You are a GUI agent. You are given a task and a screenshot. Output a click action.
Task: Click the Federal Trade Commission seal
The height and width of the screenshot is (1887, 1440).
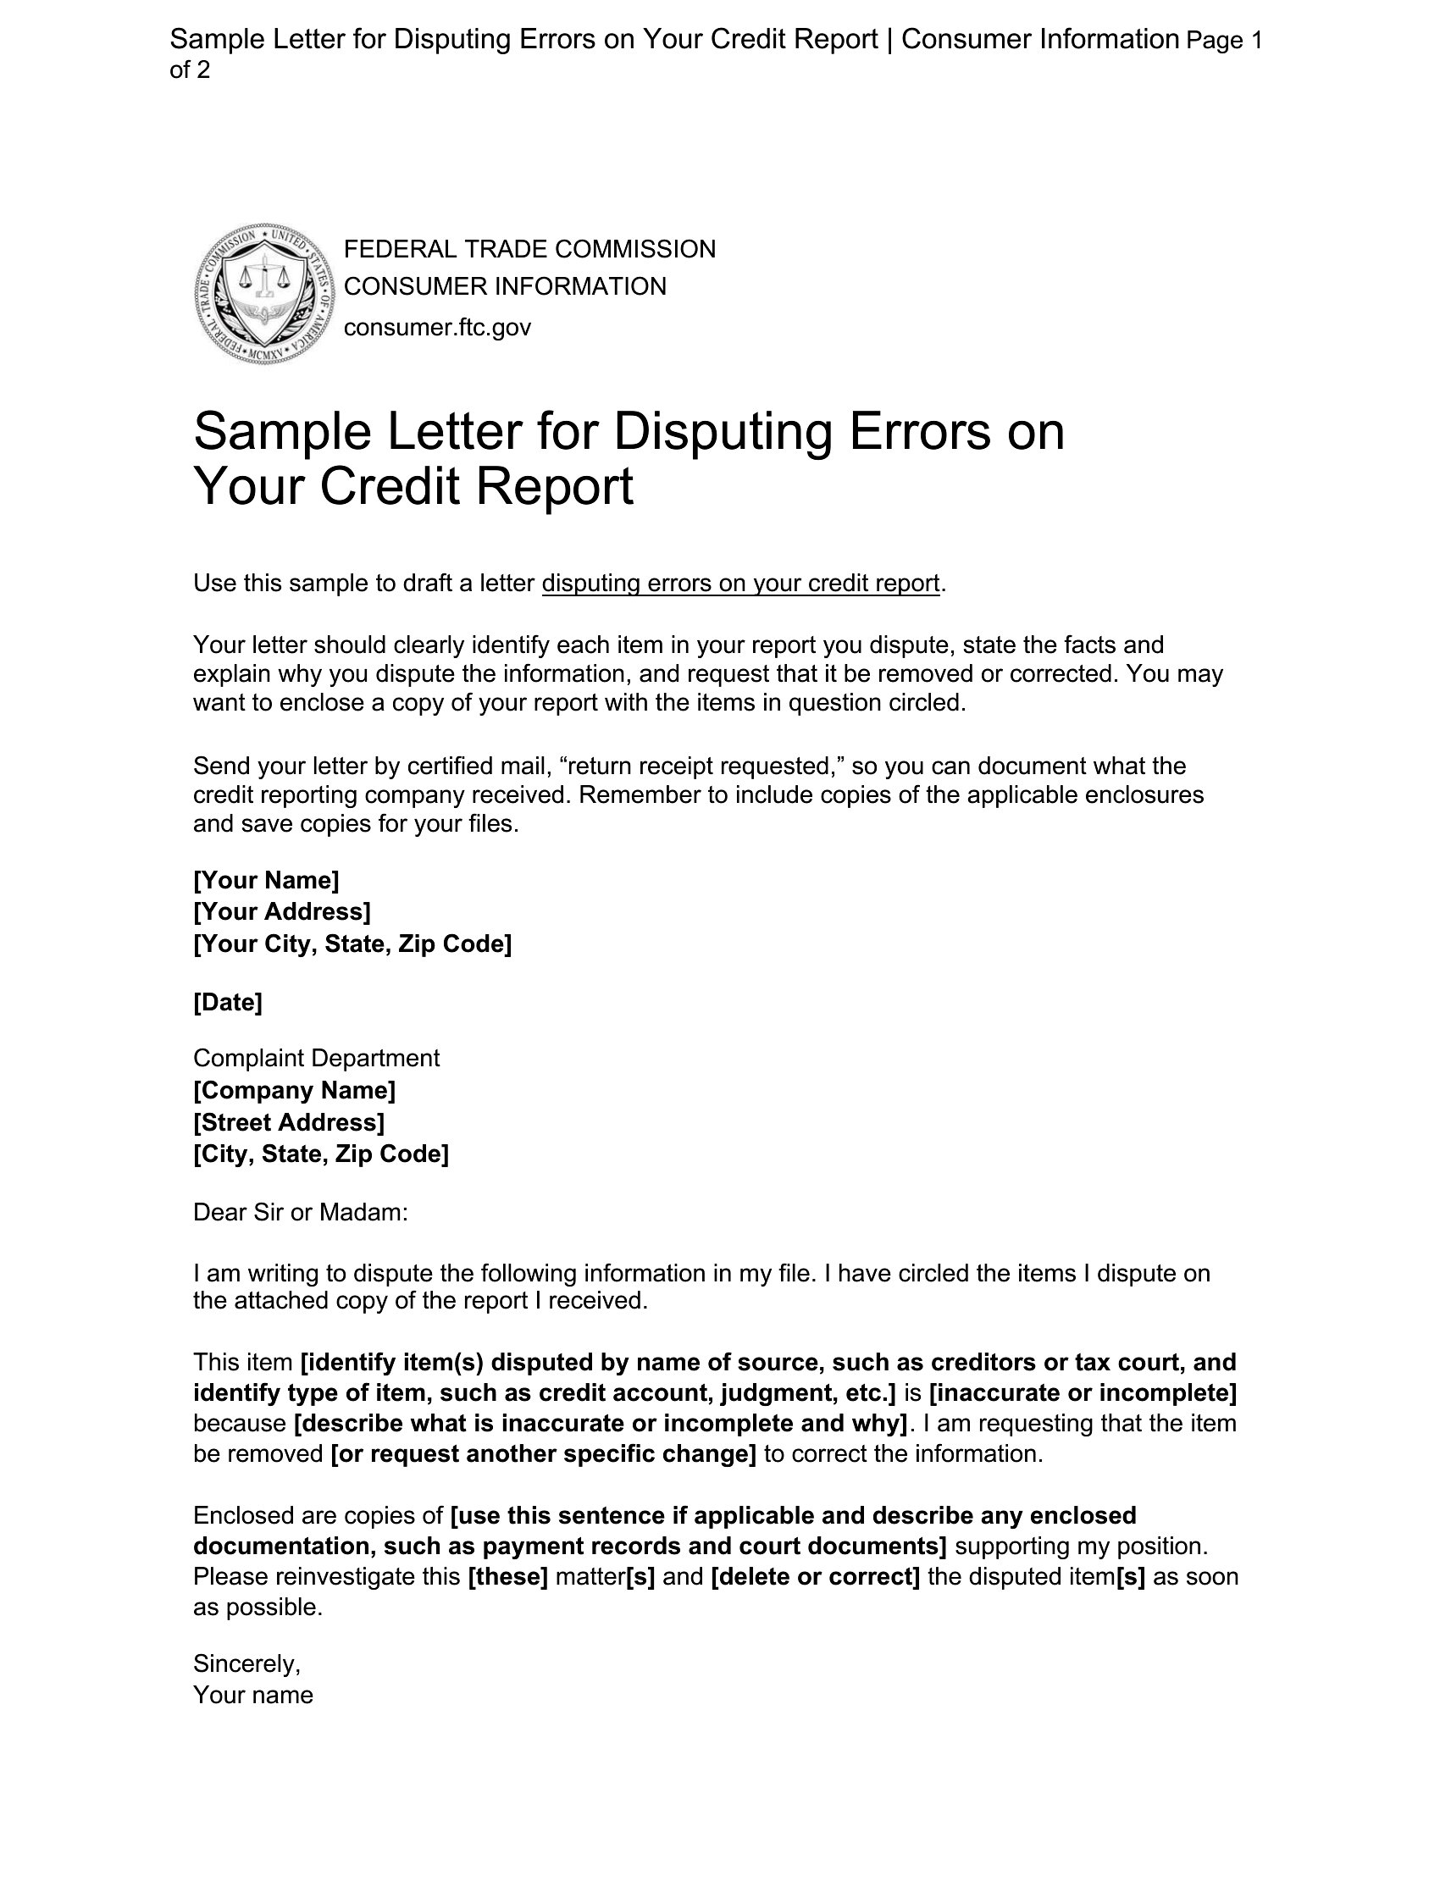click(263, 293)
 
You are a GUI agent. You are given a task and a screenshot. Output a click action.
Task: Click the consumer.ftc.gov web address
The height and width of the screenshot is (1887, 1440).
click(437, 328)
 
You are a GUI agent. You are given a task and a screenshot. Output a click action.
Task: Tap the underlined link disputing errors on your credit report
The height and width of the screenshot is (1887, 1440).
click(740, 584)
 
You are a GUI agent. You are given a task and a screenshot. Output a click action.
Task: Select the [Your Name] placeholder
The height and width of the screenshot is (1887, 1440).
click(266, 880)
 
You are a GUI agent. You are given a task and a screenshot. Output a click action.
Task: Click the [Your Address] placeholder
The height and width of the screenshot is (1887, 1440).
click(282, 911)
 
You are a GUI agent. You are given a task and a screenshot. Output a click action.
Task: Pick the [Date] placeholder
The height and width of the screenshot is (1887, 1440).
click(227, 1002)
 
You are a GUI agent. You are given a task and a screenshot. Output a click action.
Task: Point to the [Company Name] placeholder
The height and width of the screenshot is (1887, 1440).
click(294, 1090)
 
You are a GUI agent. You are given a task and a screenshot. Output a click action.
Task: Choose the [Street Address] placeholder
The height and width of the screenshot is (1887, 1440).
click(289, 1121)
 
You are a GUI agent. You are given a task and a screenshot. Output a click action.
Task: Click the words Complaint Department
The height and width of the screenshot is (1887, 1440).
click(316, 1059)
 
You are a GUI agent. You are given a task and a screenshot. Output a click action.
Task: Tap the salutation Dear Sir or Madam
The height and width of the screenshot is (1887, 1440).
click(301, 1212)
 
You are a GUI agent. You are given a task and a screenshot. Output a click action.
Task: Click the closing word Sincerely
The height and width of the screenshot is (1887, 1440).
click(246, 1663)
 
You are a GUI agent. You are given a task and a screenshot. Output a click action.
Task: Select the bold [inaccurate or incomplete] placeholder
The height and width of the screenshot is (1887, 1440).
click(1083, 1392)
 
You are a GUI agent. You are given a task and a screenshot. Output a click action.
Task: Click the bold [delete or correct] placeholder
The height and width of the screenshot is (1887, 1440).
click(815, 1577)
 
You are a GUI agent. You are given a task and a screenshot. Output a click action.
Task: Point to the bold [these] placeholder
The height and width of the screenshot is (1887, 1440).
click(508, 1577)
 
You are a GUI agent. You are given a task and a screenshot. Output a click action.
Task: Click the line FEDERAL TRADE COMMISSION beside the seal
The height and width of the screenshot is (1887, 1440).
click(529, 249)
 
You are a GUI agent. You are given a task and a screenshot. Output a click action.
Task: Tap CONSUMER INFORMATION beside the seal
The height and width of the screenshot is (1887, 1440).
click(505, 286)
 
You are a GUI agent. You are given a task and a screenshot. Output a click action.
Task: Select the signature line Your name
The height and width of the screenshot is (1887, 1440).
click(253, 1695)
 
